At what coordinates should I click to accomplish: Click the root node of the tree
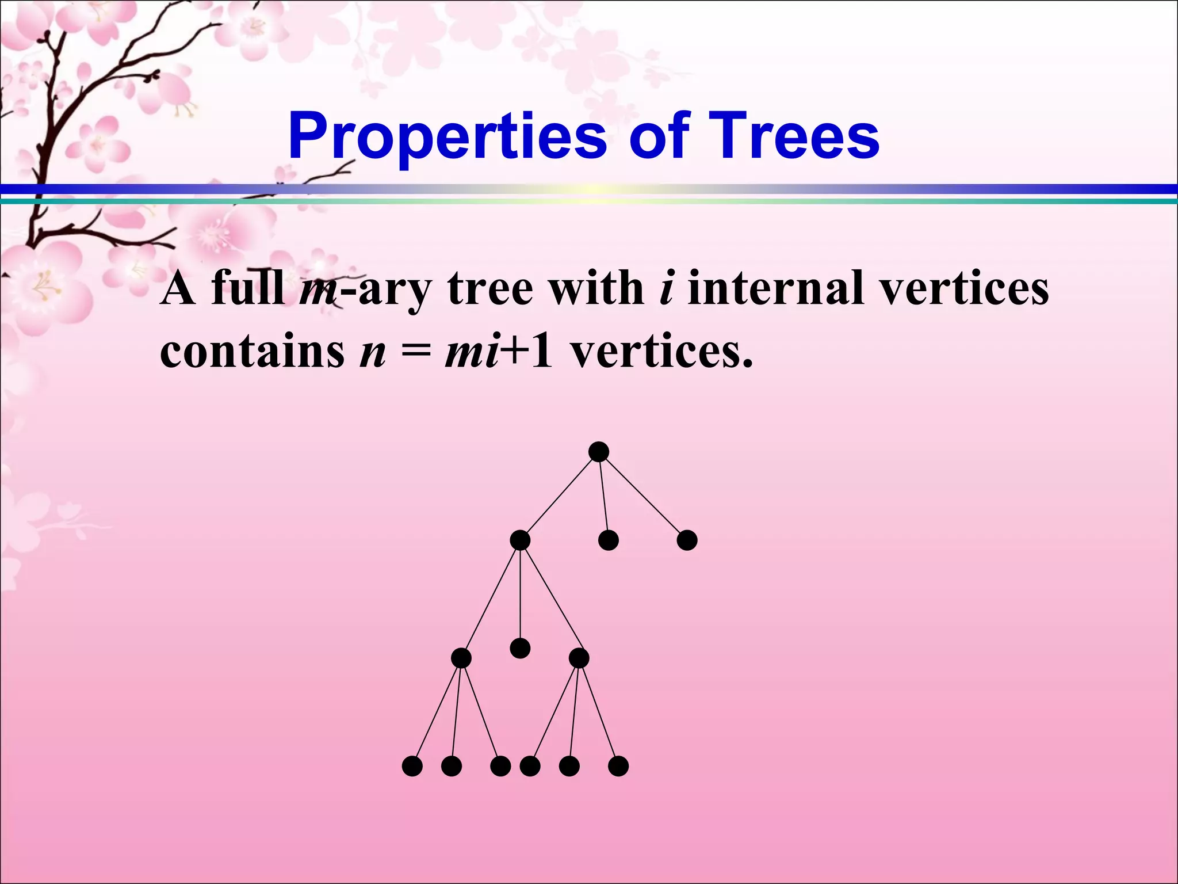coord(599,452)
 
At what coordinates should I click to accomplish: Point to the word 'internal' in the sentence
coord(776,288)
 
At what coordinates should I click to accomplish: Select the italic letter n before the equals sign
coord(372,353)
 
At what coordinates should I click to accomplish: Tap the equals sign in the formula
coord(415,352)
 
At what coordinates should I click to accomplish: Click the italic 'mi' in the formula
coord(472,352)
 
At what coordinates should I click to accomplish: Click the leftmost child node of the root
coord(520,540)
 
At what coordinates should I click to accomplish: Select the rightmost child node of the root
coord(687,540)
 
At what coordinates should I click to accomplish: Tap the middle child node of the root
coord(608,540)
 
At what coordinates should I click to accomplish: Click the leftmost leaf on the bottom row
coord(412,766)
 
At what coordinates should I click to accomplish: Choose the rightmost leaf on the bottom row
coord(618,766)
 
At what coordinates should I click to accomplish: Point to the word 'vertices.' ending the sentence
coord(661,352)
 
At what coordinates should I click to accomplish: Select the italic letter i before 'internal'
coord(666,288)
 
